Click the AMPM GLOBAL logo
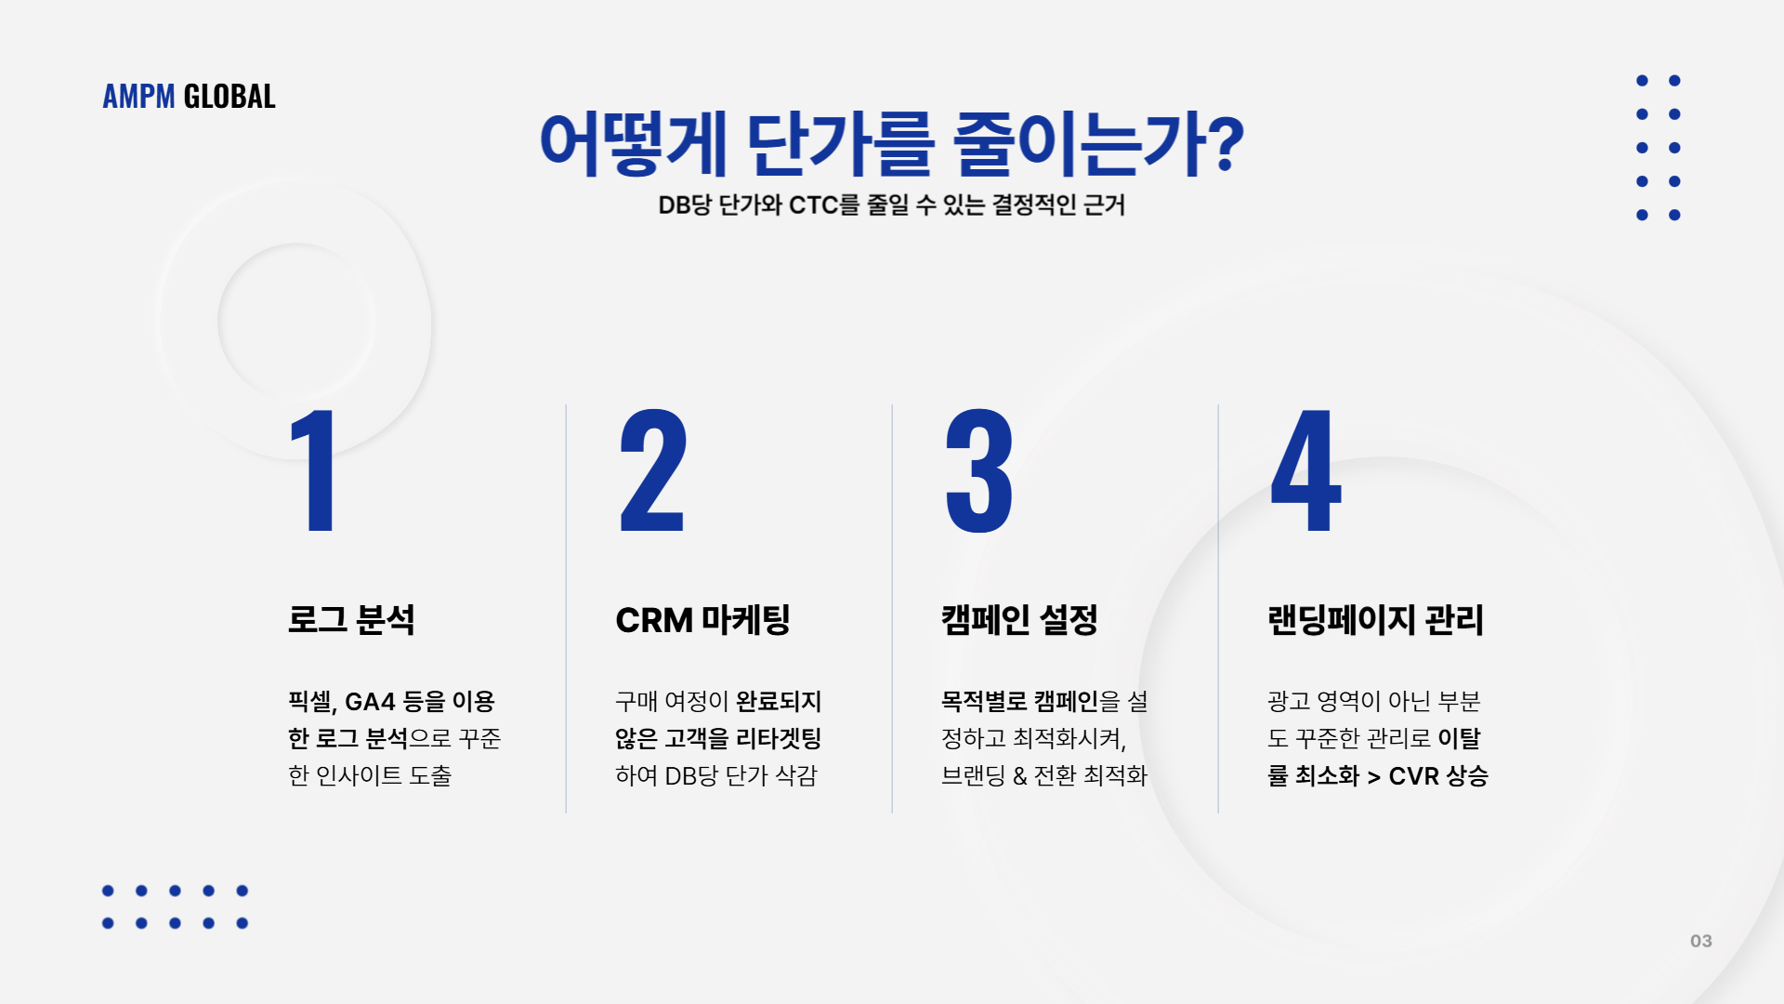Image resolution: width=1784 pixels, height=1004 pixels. point(189,96)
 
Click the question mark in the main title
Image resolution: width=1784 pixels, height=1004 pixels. point(1226,144)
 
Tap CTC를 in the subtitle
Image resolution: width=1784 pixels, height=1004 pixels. point(824,205)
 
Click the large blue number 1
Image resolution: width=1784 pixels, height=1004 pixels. point(313,470)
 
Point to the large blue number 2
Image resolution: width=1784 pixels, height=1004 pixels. point(652,470)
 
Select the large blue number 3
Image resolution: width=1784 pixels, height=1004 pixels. point(978,470)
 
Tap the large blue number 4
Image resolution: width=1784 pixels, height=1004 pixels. point(1305,470)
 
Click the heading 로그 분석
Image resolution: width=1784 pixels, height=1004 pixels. point(351,620)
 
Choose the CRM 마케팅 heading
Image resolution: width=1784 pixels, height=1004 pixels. point(702,620)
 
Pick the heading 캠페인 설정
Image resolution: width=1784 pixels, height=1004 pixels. point(1019,620)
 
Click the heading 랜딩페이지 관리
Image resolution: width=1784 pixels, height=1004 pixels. point(1375,620)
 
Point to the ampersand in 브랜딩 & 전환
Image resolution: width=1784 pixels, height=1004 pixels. point(1019,776)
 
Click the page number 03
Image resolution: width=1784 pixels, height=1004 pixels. point(1701,941)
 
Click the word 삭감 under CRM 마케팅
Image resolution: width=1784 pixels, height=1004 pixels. point(795,775)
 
